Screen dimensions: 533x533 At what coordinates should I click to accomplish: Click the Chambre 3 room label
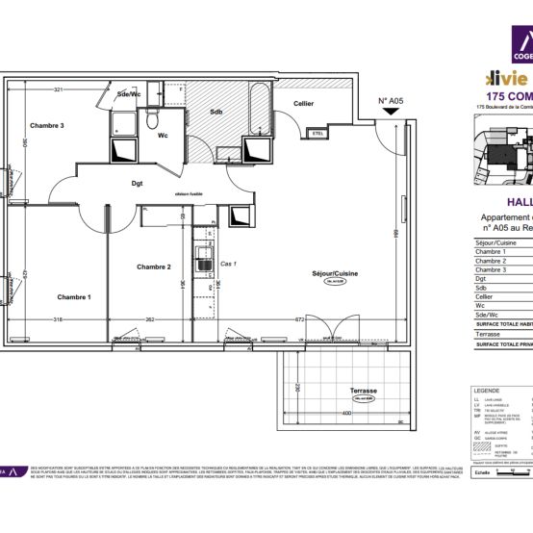(46, 126)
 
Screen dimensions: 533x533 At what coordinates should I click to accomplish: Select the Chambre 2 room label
(153, 266)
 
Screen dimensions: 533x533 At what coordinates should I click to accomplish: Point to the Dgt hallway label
(138, 181)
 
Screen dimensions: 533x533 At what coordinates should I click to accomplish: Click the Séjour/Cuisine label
(334, 274)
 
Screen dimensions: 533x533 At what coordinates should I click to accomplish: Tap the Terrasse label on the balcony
(363, 392)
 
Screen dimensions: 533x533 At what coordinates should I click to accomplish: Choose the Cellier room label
(303, 104)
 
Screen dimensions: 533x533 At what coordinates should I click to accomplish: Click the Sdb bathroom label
(216, 112)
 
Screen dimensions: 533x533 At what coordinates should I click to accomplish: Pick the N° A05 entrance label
(390, 100)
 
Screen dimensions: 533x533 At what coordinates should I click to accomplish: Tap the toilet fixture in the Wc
(151, 118)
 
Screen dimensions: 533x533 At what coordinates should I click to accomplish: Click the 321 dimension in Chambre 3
(58, 89)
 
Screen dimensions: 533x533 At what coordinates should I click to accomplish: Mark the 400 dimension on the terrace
(344, 412)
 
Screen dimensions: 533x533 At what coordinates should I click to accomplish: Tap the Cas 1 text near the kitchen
(228, 264)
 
